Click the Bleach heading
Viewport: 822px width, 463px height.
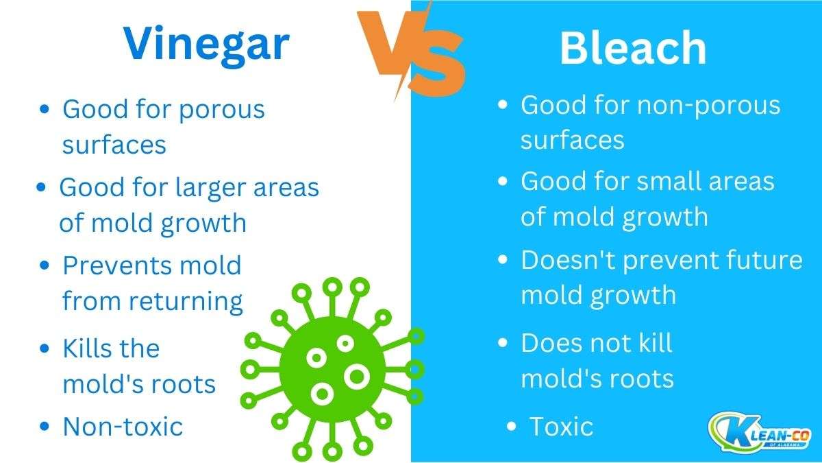point(632,48)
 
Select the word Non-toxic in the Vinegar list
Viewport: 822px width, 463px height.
point(123,427)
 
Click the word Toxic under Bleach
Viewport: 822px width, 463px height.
point(561,427)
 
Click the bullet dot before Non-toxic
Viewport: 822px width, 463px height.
point(45,427)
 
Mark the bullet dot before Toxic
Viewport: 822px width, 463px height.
point(511,427)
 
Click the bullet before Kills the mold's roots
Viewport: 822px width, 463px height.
point(45,348)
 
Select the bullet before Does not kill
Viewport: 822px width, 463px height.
point(503,343)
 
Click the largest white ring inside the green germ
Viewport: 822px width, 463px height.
point(357,375)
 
